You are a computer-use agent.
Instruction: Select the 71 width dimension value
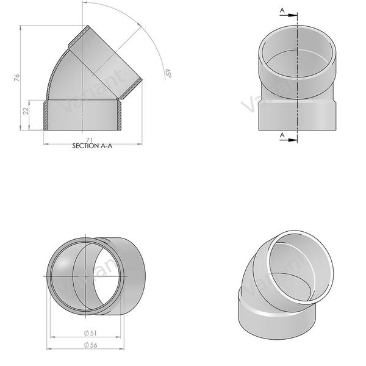click(x=90, y=140)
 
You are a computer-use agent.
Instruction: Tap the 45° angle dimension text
click(x=168, y=73)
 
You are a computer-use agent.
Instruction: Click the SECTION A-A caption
click(x=92, y=146)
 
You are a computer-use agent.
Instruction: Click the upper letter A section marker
click(x=281, y=10)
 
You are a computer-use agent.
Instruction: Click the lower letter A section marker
click(x=281, y=134)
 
